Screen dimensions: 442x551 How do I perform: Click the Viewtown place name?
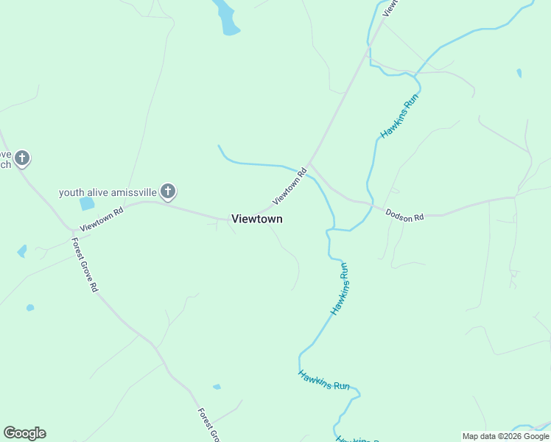click(256, 219)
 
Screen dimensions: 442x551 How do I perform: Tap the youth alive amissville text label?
click(108, 192)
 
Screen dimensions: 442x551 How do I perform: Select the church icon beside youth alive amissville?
click(168, 192)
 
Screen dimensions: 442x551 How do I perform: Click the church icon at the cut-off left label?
click(22, 158)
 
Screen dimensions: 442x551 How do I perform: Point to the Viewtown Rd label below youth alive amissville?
click(101, 219)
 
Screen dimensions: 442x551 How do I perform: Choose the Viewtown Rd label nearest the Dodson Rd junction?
click(289, 187)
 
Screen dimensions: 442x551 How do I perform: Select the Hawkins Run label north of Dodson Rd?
click(399, 116)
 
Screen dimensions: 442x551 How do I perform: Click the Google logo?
click(24, 433)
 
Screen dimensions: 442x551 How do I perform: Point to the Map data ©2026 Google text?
click(505, 436)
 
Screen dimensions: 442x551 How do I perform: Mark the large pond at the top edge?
click(227, 18)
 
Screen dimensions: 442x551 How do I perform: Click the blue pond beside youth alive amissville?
click(87, 203)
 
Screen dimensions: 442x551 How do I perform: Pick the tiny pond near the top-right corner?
click(519, 73)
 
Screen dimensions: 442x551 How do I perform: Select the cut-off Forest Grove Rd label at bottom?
click(208, 425)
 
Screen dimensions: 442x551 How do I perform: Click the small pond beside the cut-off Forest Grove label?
click(217, 387)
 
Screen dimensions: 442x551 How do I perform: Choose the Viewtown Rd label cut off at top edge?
click(390, 7)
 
